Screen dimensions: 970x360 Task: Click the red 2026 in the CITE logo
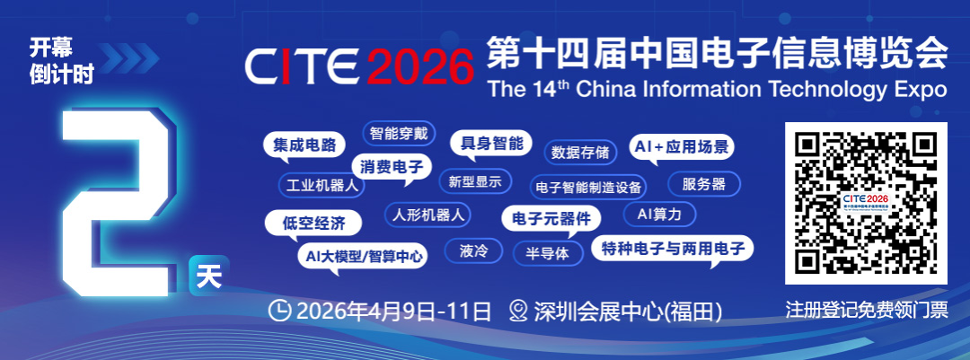pos(419,66)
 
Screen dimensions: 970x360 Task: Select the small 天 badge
pos(209,276)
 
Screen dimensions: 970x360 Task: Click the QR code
pos(866,203)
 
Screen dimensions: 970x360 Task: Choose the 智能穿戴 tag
pos(399,133)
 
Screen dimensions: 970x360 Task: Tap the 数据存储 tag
pos(580,152)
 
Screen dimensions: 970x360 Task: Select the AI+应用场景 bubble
pos(682,148)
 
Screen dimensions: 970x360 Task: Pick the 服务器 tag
pos(704,184)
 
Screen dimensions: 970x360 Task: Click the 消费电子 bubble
pos(392,167)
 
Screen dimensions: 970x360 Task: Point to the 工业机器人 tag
pos(322,185)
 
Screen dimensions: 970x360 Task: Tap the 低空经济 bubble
pos(313,224)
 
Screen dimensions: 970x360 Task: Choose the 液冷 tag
pos(474,251)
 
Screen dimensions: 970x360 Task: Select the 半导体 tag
pos(548,253)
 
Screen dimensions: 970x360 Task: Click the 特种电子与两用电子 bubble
pos(673,250)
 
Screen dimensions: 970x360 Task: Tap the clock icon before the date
pos(280,311)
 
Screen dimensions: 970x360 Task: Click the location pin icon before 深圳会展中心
pos(518,311)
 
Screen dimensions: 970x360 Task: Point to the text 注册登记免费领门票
pos(866,310)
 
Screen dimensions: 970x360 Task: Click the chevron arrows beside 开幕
pos(129,58)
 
